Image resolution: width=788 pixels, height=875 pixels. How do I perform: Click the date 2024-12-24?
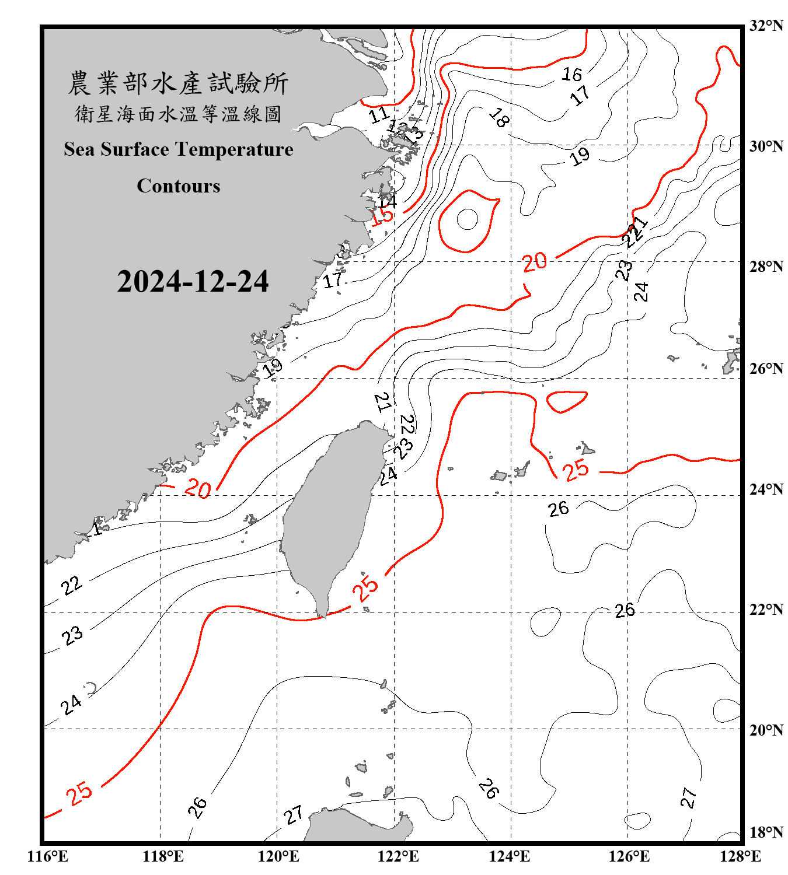193,282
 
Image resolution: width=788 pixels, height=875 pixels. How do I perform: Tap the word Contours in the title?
179,185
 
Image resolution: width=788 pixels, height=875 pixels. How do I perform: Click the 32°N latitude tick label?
766,26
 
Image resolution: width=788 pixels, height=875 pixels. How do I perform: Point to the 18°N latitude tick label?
766,832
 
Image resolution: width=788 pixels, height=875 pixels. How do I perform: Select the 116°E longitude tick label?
48,856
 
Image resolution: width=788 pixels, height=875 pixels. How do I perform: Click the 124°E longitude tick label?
510,856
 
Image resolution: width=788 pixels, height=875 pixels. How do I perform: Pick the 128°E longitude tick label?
740,856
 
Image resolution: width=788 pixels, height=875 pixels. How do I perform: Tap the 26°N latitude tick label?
766,369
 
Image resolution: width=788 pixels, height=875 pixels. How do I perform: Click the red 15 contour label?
382,216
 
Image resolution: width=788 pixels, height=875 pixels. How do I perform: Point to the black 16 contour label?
571,74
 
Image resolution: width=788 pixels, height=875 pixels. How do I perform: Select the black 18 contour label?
498,118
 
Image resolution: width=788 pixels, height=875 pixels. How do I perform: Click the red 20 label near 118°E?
197,488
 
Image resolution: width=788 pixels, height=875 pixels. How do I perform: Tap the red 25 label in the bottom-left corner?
79,793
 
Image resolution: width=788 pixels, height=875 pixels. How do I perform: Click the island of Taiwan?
330,513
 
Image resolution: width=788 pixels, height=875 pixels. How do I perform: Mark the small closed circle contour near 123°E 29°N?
467,219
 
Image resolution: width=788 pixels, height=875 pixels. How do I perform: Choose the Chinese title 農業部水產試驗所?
178,83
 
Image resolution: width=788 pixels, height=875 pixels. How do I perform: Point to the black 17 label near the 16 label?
580,95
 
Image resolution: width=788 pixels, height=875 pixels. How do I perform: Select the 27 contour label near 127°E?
688,797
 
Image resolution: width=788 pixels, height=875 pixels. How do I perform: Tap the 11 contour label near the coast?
379,114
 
